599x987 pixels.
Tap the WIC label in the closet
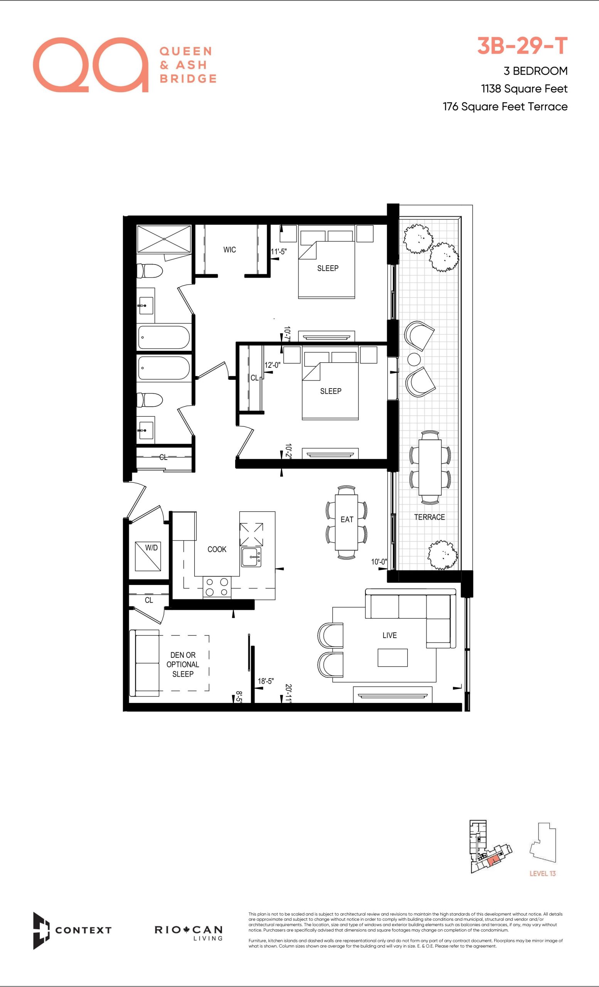[229, 249]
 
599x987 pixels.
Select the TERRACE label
[429, 517]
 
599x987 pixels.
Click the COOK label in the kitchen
[217, 549]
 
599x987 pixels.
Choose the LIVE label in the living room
[390, 635]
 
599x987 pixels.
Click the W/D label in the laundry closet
[151, 547]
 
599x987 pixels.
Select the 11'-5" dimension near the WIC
[279, 251]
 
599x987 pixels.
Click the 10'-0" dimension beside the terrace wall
[379, 562]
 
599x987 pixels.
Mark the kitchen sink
[251, 557]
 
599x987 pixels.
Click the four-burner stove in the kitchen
[217, 587]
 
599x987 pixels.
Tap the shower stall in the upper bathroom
[164, 239]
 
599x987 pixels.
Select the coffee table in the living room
[392, 658]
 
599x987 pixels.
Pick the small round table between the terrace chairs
[414, 359]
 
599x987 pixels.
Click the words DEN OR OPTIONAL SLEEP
[183, 664]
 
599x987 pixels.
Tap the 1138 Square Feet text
[524, 89]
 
